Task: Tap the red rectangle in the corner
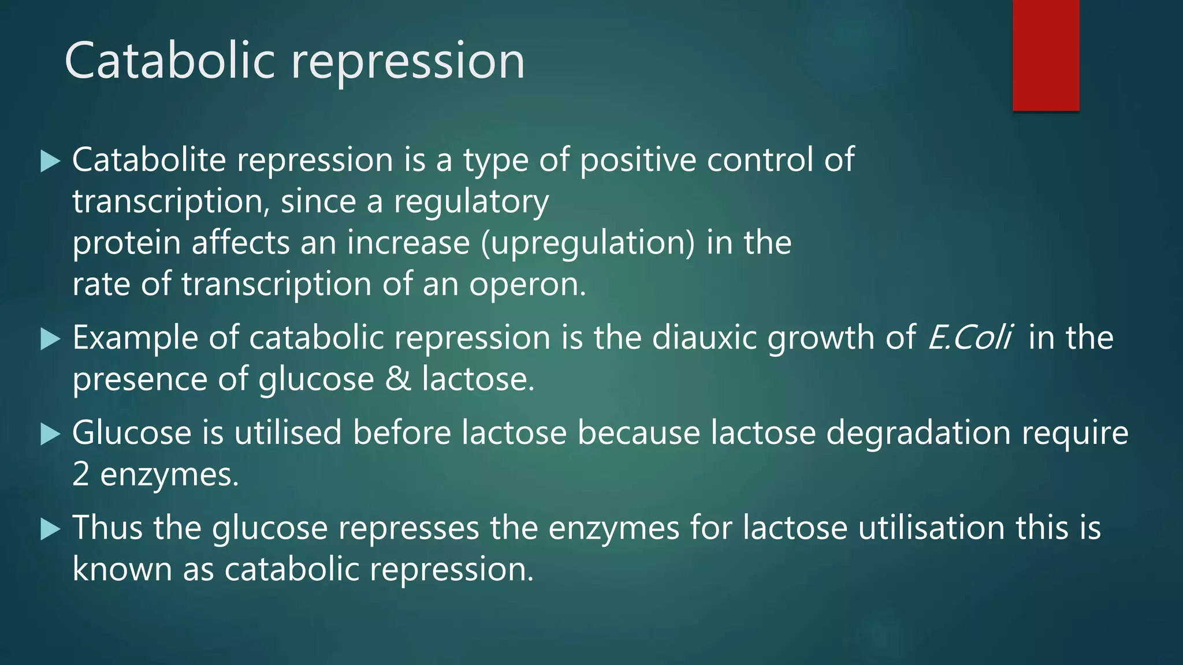(x=1046, y=55)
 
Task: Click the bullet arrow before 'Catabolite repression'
(x=50, y=162)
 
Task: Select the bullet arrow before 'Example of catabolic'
(x=50, y=339)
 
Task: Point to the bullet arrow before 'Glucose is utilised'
(x=50, y=434)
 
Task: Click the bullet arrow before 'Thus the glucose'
(x=50, y=529)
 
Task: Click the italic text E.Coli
(x=969, y=338)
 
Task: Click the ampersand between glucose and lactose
(x=398, y=380)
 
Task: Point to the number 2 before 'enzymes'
(x=81, y=475)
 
